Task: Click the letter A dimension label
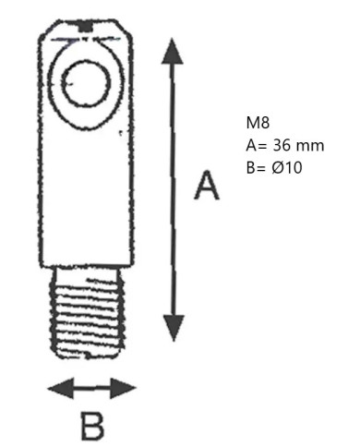(207, 185)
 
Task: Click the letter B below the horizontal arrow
(92, 427)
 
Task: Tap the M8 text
(258, 123)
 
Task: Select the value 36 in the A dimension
(282, 145)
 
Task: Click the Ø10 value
(287, 168)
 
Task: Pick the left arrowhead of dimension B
(61, 388)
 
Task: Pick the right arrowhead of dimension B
(123, 388)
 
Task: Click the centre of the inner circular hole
(86, 83)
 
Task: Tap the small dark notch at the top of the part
(86, 27)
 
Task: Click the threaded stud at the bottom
(88, 312)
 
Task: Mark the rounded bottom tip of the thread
(88, 357)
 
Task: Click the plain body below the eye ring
(86, 197)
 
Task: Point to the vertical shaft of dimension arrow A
(174, 190)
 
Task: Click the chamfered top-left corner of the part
(47, 30)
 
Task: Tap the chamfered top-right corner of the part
(126, 30)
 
